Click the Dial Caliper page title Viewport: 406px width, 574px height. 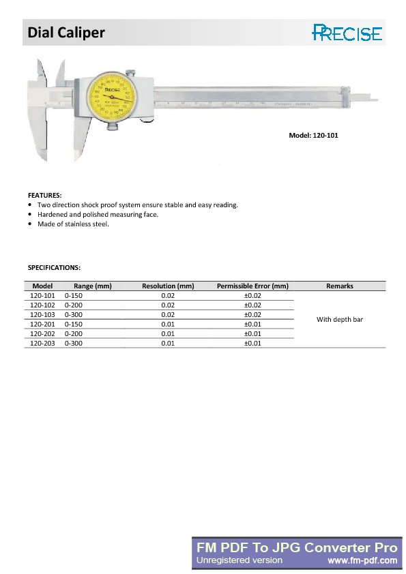[66, 32]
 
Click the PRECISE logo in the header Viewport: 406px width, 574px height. [347, 32]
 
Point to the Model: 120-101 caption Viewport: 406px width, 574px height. [313, 136]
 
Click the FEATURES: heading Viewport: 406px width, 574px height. [44, 195]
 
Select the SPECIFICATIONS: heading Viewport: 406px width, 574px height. [54, 267]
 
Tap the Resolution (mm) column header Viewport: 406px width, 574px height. [168, 286]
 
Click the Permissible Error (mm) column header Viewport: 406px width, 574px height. [252, 286]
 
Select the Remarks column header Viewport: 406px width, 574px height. [340, 286]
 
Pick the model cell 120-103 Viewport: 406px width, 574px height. [42, 315]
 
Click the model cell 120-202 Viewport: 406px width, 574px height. [42, 334]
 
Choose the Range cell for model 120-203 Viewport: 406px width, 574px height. [73, 344]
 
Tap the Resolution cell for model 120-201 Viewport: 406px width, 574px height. [168, 324]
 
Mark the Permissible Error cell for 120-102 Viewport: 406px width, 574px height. [252, 305]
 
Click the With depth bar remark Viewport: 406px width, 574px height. [340, 319]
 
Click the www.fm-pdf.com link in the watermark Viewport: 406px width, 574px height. [362, 560]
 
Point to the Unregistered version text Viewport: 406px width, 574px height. [240, 560]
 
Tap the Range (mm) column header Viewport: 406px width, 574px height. [93, 286]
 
